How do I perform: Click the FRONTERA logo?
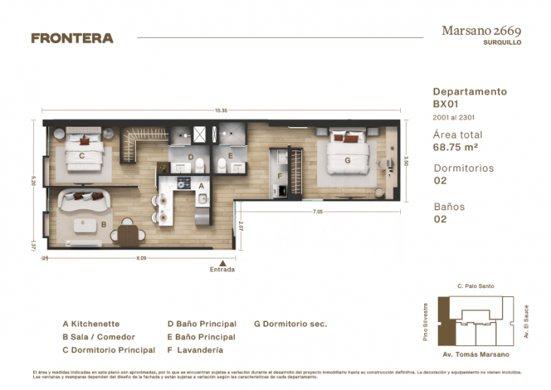tap(72, 38)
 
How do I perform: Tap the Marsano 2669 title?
tap(481, 31)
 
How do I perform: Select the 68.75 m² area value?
tap(455, 147)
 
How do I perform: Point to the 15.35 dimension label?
tap(220, 111)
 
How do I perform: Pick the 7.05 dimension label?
tap(317, 212)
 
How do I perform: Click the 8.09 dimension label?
tap(141, 258)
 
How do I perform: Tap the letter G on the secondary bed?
tap(347, 160)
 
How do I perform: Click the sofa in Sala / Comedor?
tap(85, 200)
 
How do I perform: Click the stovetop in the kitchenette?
tap(182, 183)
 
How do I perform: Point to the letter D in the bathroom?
tap(191, 159)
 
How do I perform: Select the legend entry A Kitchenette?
tap(91, 323)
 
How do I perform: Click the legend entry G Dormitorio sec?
tap(291, 323)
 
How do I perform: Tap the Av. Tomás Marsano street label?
tap(475, 354)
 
